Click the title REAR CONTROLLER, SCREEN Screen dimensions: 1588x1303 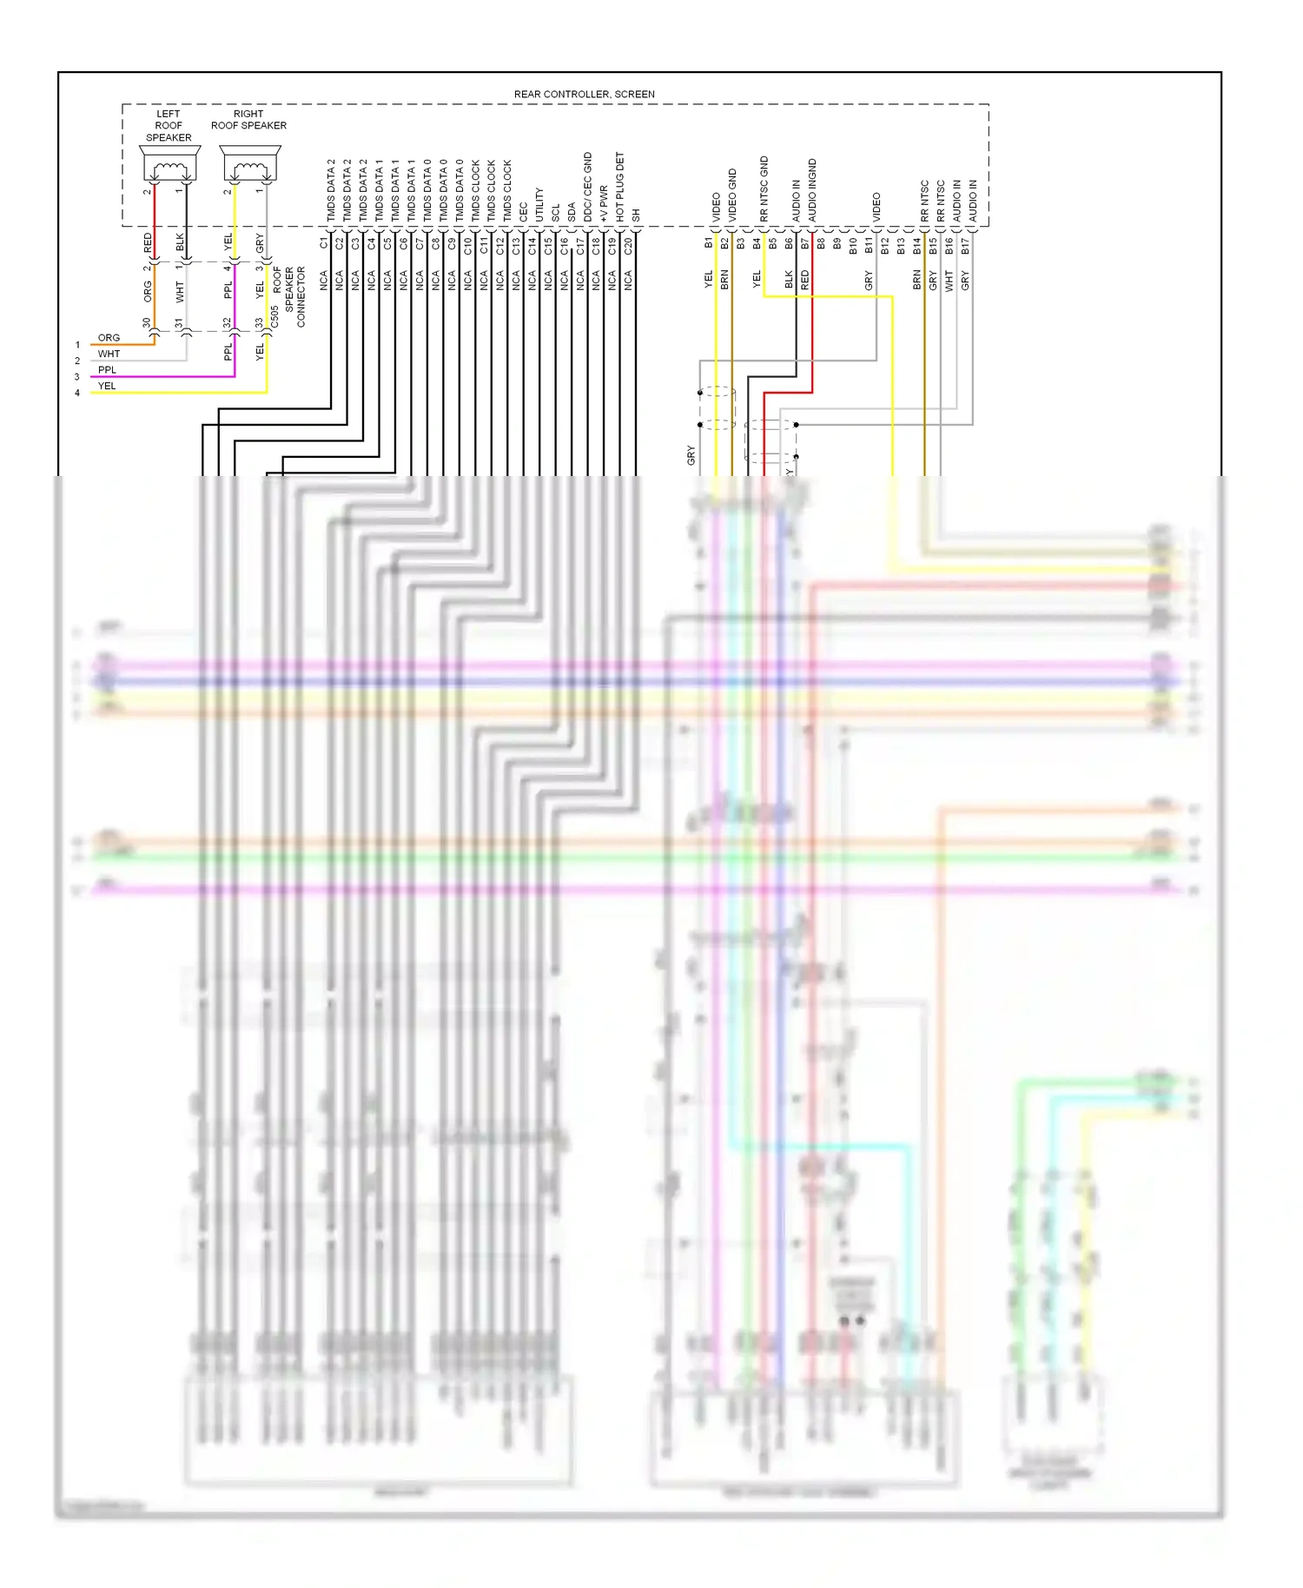click(x=584, y=94)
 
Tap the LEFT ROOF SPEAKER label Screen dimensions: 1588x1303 click(x=169, y=126)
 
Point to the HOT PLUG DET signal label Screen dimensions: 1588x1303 click(x=620, y=186)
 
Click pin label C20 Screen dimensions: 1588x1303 click(x=628, y=246)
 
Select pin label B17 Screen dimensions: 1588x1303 click(x=965, y=246)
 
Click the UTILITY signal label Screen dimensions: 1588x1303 click(x=539, y=204)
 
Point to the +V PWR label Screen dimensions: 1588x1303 click(x=604, y=202)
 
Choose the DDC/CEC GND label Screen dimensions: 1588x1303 click(x=588, y=186)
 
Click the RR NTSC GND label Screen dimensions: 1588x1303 click(x=764, y=188)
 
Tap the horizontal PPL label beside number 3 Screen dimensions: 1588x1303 click(x=107, y=370)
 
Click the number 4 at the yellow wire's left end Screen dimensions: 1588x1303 click(x=77, y=393)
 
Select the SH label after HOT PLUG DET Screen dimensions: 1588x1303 click(x=636, y=215)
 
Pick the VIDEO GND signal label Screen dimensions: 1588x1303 click(x=732, y=194)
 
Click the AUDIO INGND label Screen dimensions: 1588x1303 click(x=813, y=189)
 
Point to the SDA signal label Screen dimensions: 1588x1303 click(x=572, y=212)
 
